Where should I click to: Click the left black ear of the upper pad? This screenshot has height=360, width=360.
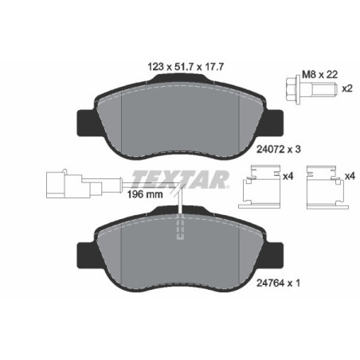pyautogui.click(x=84, y=121)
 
